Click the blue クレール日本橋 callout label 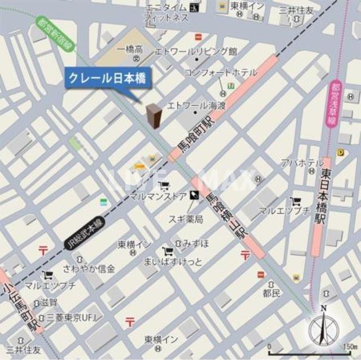[x=107, y=78]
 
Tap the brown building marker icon [x=154, y=116]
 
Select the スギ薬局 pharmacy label [x=184, y=219]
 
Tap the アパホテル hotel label [x=298, y=163]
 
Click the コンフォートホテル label [x=221, y=72]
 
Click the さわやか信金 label [x=90, y=268]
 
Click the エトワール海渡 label [x=196, y=105]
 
